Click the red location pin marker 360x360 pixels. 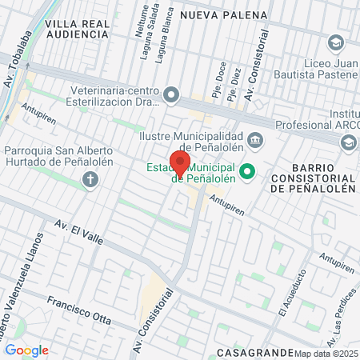[180, 164]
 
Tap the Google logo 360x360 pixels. [26, 350]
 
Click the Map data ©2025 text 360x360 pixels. [326, 354]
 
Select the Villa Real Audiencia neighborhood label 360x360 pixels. [77, 30]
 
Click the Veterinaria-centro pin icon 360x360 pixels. [170, 96]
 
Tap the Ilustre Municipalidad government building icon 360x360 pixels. [254, 140]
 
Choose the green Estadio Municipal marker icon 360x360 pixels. [247, 171]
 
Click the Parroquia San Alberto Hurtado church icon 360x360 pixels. [90, 178]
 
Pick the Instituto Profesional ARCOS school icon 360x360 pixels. [348, 142]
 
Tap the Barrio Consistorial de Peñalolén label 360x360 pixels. [311, 182]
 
